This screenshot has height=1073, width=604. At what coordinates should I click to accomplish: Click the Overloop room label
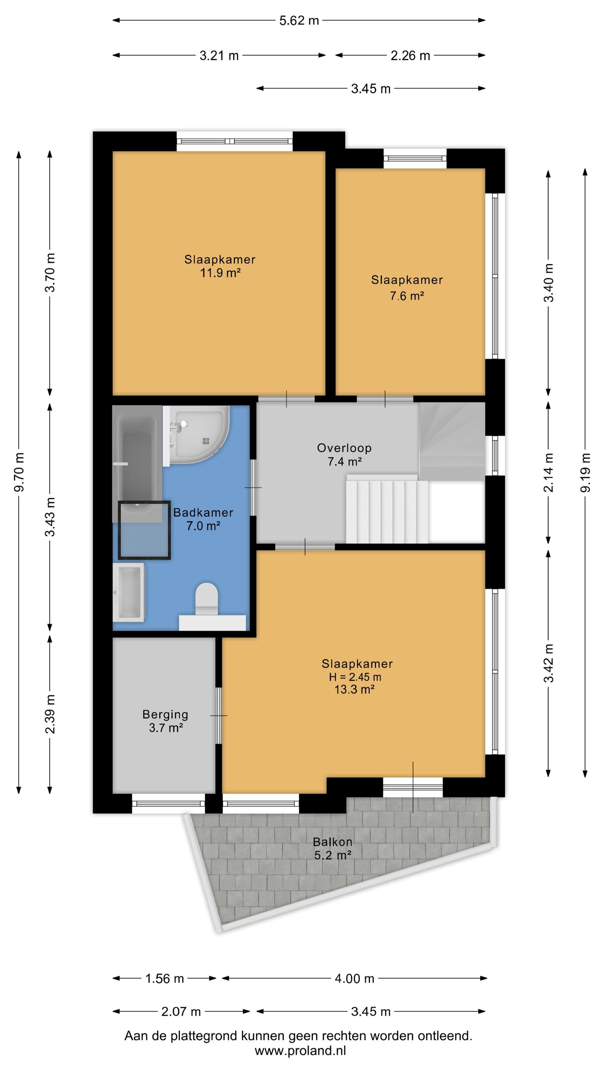pyautogui.click(x=344, y=448)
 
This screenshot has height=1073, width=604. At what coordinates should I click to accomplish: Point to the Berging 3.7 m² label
pyautogui.click(x=165, y=721)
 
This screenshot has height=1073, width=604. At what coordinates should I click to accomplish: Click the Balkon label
pyautogui.click(x=333, y=841)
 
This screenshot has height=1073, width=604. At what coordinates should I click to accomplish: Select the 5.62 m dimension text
pyautogui.click(x=299, y=21)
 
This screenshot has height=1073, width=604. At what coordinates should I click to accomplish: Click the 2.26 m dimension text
pyautogui.click(x=410, y=55)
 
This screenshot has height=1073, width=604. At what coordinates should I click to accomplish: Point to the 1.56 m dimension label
pyautogui.click(x=164, y=979)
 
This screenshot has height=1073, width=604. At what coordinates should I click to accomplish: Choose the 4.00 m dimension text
pyautogui.click(x=354, y=979)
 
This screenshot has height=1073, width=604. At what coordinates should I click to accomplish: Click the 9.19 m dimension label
pyautogui.click(x=585, y=473)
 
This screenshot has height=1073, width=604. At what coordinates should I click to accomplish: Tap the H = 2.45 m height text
pyautogui.click(x=355, y=676)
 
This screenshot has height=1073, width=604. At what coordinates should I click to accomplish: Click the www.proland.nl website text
pyautogui.click(x=300, y=1050)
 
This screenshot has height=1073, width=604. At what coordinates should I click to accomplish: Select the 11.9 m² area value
pyautogui.click(x=220, y=273)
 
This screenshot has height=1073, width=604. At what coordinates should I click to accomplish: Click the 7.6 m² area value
pyautogui.click(x=407, y=296)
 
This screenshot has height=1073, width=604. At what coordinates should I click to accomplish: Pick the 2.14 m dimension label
pyautogui.click(x=549, y=472)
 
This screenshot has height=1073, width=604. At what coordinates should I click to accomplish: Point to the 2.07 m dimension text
pyautogui.click(x=181, y=1012)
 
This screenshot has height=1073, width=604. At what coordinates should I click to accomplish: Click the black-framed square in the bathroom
pyautogui.click(x=144, y=530)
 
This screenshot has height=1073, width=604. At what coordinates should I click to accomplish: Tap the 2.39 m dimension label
pyautogui.click(x=50, y=714)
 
